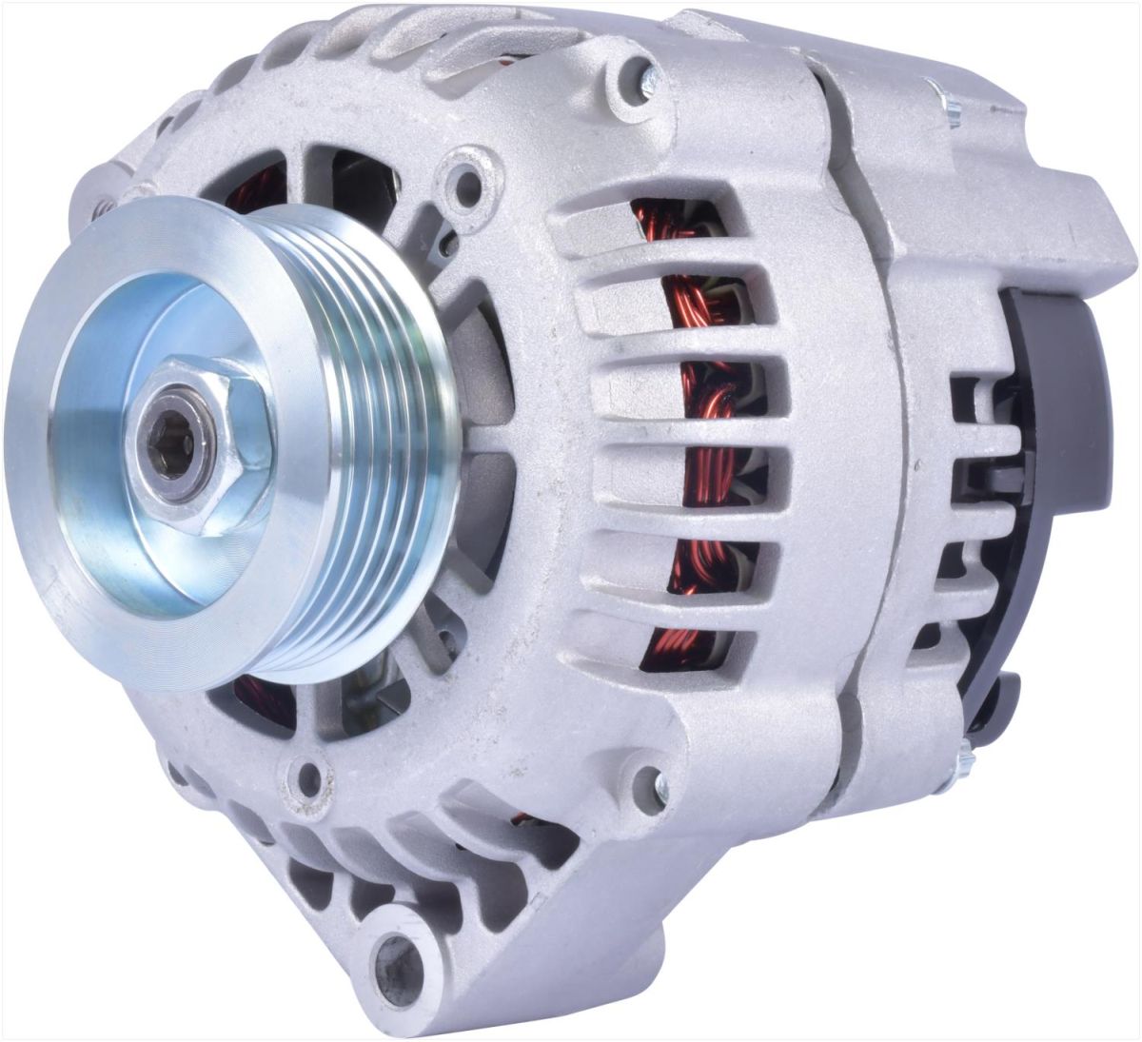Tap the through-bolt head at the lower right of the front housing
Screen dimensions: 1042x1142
657,784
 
